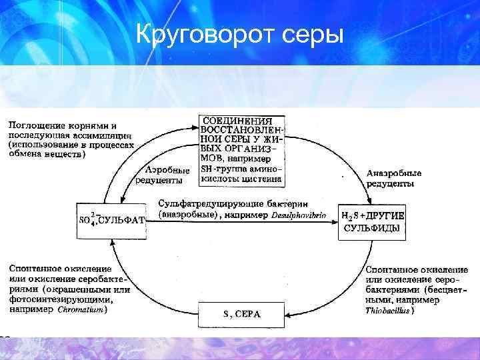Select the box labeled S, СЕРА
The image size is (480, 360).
(x=241, y=314)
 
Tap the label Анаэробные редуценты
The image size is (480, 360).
(x=393, y=178)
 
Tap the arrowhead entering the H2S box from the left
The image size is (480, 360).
(x=334, y=221)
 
